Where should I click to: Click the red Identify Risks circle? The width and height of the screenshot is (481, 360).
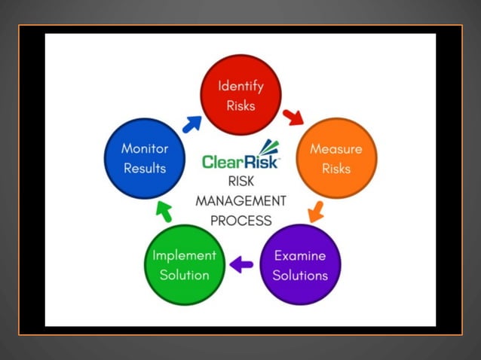point(240,96)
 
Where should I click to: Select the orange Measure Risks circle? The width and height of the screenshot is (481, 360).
point(336,158)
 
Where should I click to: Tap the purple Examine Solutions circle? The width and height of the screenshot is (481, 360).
point(300,265)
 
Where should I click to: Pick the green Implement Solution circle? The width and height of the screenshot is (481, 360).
point(184,265)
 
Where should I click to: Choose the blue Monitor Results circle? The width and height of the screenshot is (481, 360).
point(145,158)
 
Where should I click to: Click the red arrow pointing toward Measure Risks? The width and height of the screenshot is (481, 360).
point(293,117)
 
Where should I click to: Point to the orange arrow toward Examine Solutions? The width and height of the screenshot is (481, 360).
point(317,211)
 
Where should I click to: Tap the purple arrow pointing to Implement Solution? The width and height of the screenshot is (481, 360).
point(241,264)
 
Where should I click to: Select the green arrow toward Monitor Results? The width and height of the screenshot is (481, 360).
point(164,212)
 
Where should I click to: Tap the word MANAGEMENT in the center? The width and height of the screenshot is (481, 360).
point(240,201)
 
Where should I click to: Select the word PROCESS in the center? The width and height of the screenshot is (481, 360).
point(240,221)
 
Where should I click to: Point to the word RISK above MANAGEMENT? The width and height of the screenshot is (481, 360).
point(240,182)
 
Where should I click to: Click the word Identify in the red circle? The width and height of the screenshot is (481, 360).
point(240,86)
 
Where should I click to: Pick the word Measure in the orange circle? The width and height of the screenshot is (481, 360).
point(336,148)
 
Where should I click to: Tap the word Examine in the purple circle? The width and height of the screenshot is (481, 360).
point(300,255)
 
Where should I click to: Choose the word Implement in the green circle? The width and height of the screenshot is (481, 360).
point(184,255)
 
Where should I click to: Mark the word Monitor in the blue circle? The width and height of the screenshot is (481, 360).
point(145,148)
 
